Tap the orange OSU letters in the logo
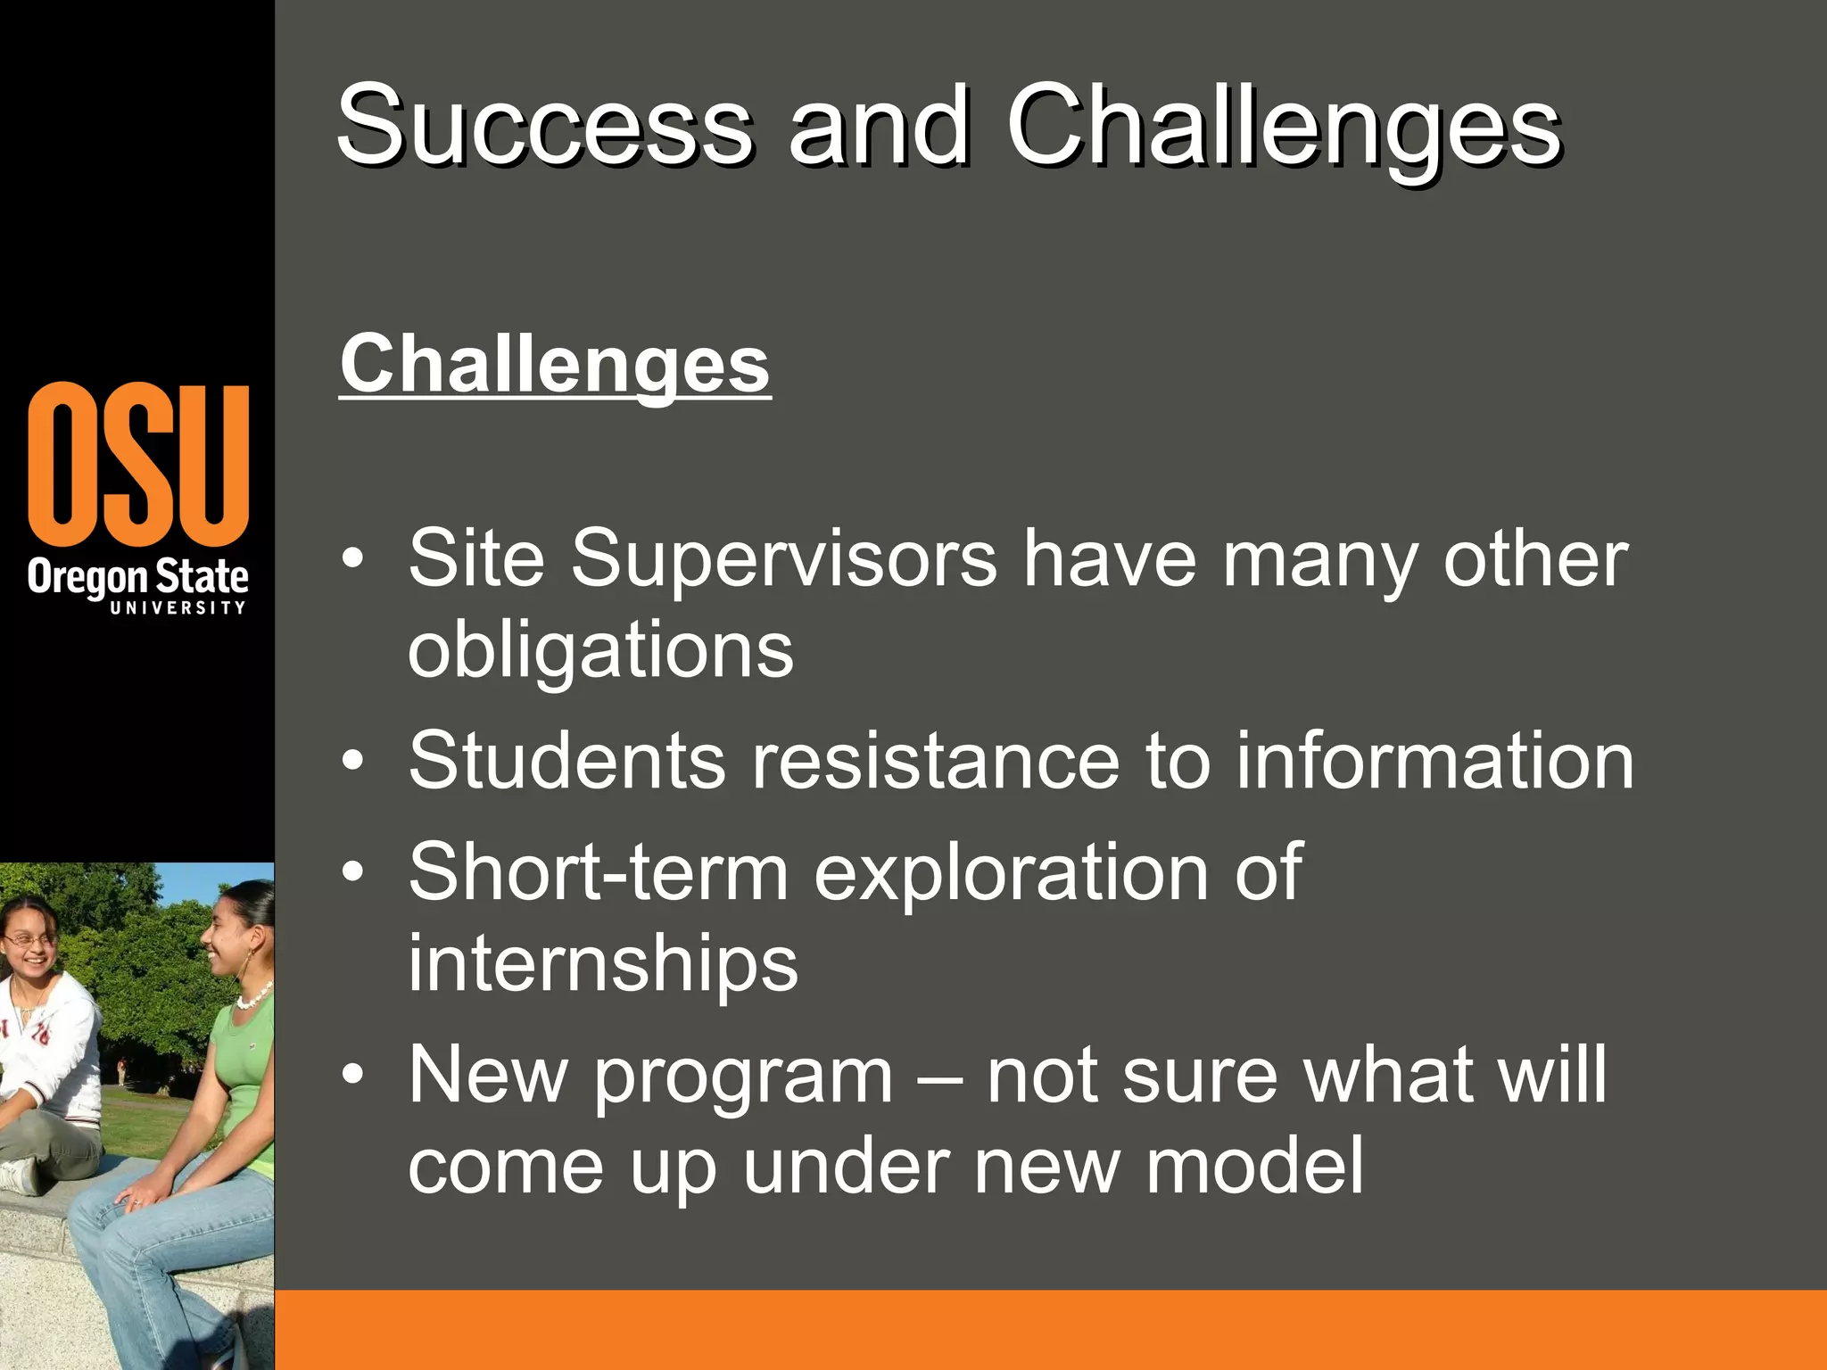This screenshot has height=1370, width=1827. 138,464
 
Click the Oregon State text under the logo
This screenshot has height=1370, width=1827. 138,577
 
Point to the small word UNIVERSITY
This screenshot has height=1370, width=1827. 178,607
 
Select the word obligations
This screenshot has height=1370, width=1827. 600,649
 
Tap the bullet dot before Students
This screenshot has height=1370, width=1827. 353,761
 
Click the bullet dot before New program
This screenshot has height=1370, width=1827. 353,1075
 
